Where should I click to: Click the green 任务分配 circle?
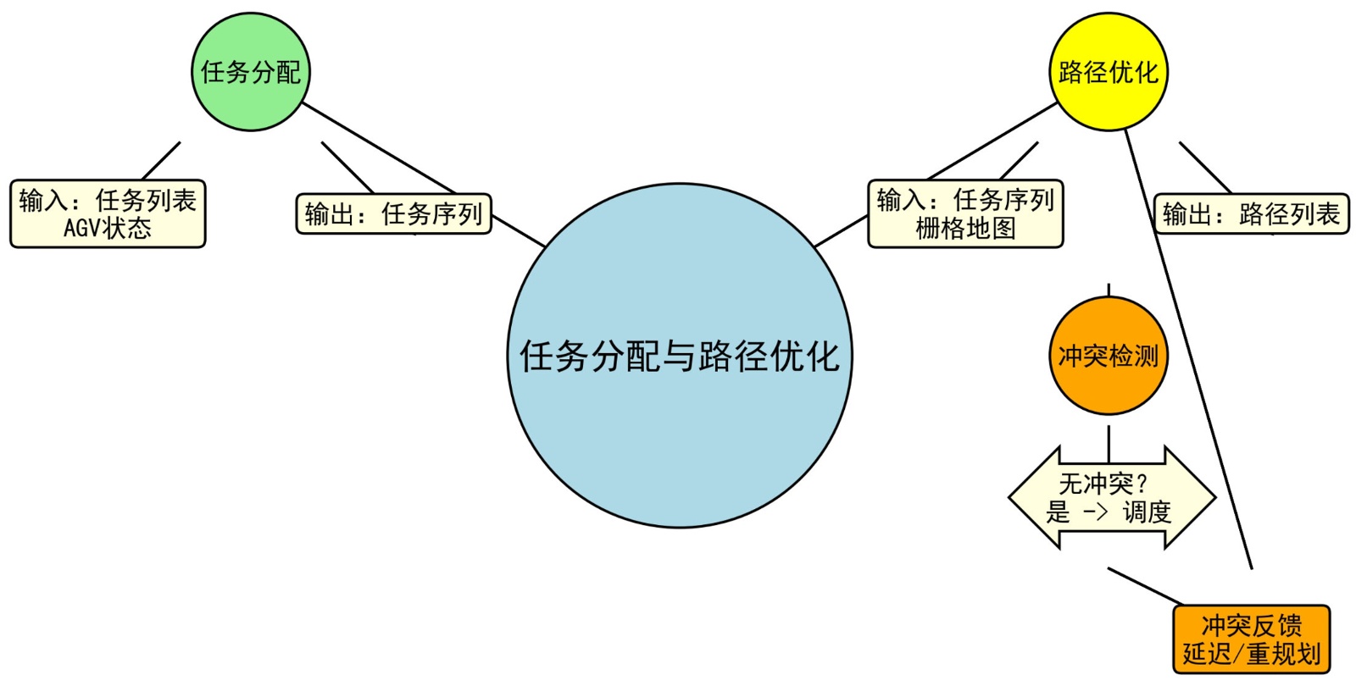click(251, 72)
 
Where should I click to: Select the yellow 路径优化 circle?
click(1109, 72)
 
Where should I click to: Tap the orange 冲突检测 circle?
click(1109, 356)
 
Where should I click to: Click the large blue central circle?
click(680, 423)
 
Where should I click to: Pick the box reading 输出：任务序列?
click(393, 213)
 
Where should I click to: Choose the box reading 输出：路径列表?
click(1251, 213)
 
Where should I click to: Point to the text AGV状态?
click(108, 229)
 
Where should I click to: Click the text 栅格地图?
click(965, 229)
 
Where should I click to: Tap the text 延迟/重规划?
click(1251, 654)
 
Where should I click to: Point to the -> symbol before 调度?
click(1095, 512)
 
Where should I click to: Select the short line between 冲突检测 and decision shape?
click(1109, 443)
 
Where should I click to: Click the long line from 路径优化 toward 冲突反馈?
click(1186, 347)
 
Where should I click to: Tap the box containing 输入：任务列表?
click(108, 213)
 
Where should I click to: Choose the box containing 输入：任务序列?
click(965, 213)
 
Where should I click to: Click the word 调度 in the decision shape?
click(1147, 512)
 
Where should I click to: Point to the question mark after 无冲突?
click(1142, 484)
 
